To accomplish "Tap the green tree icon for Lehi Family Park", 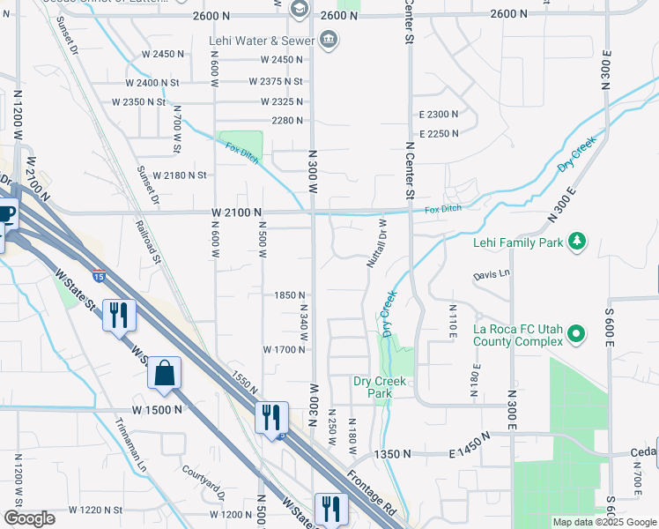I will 577,242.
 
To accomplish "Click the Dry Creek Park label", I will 380,387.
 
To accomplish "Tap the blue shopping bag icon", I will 165,373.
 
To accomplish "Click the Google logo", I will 30,518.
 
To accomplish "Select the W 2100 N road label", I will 237,212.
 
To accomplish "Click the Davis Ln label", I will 492,274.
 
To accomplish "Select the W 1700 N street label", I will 284,349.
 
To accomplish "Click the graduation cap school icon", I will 300,9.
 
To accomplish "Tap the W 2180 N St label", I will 179,175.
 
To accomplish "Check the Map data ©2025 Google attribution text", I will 604,522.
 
